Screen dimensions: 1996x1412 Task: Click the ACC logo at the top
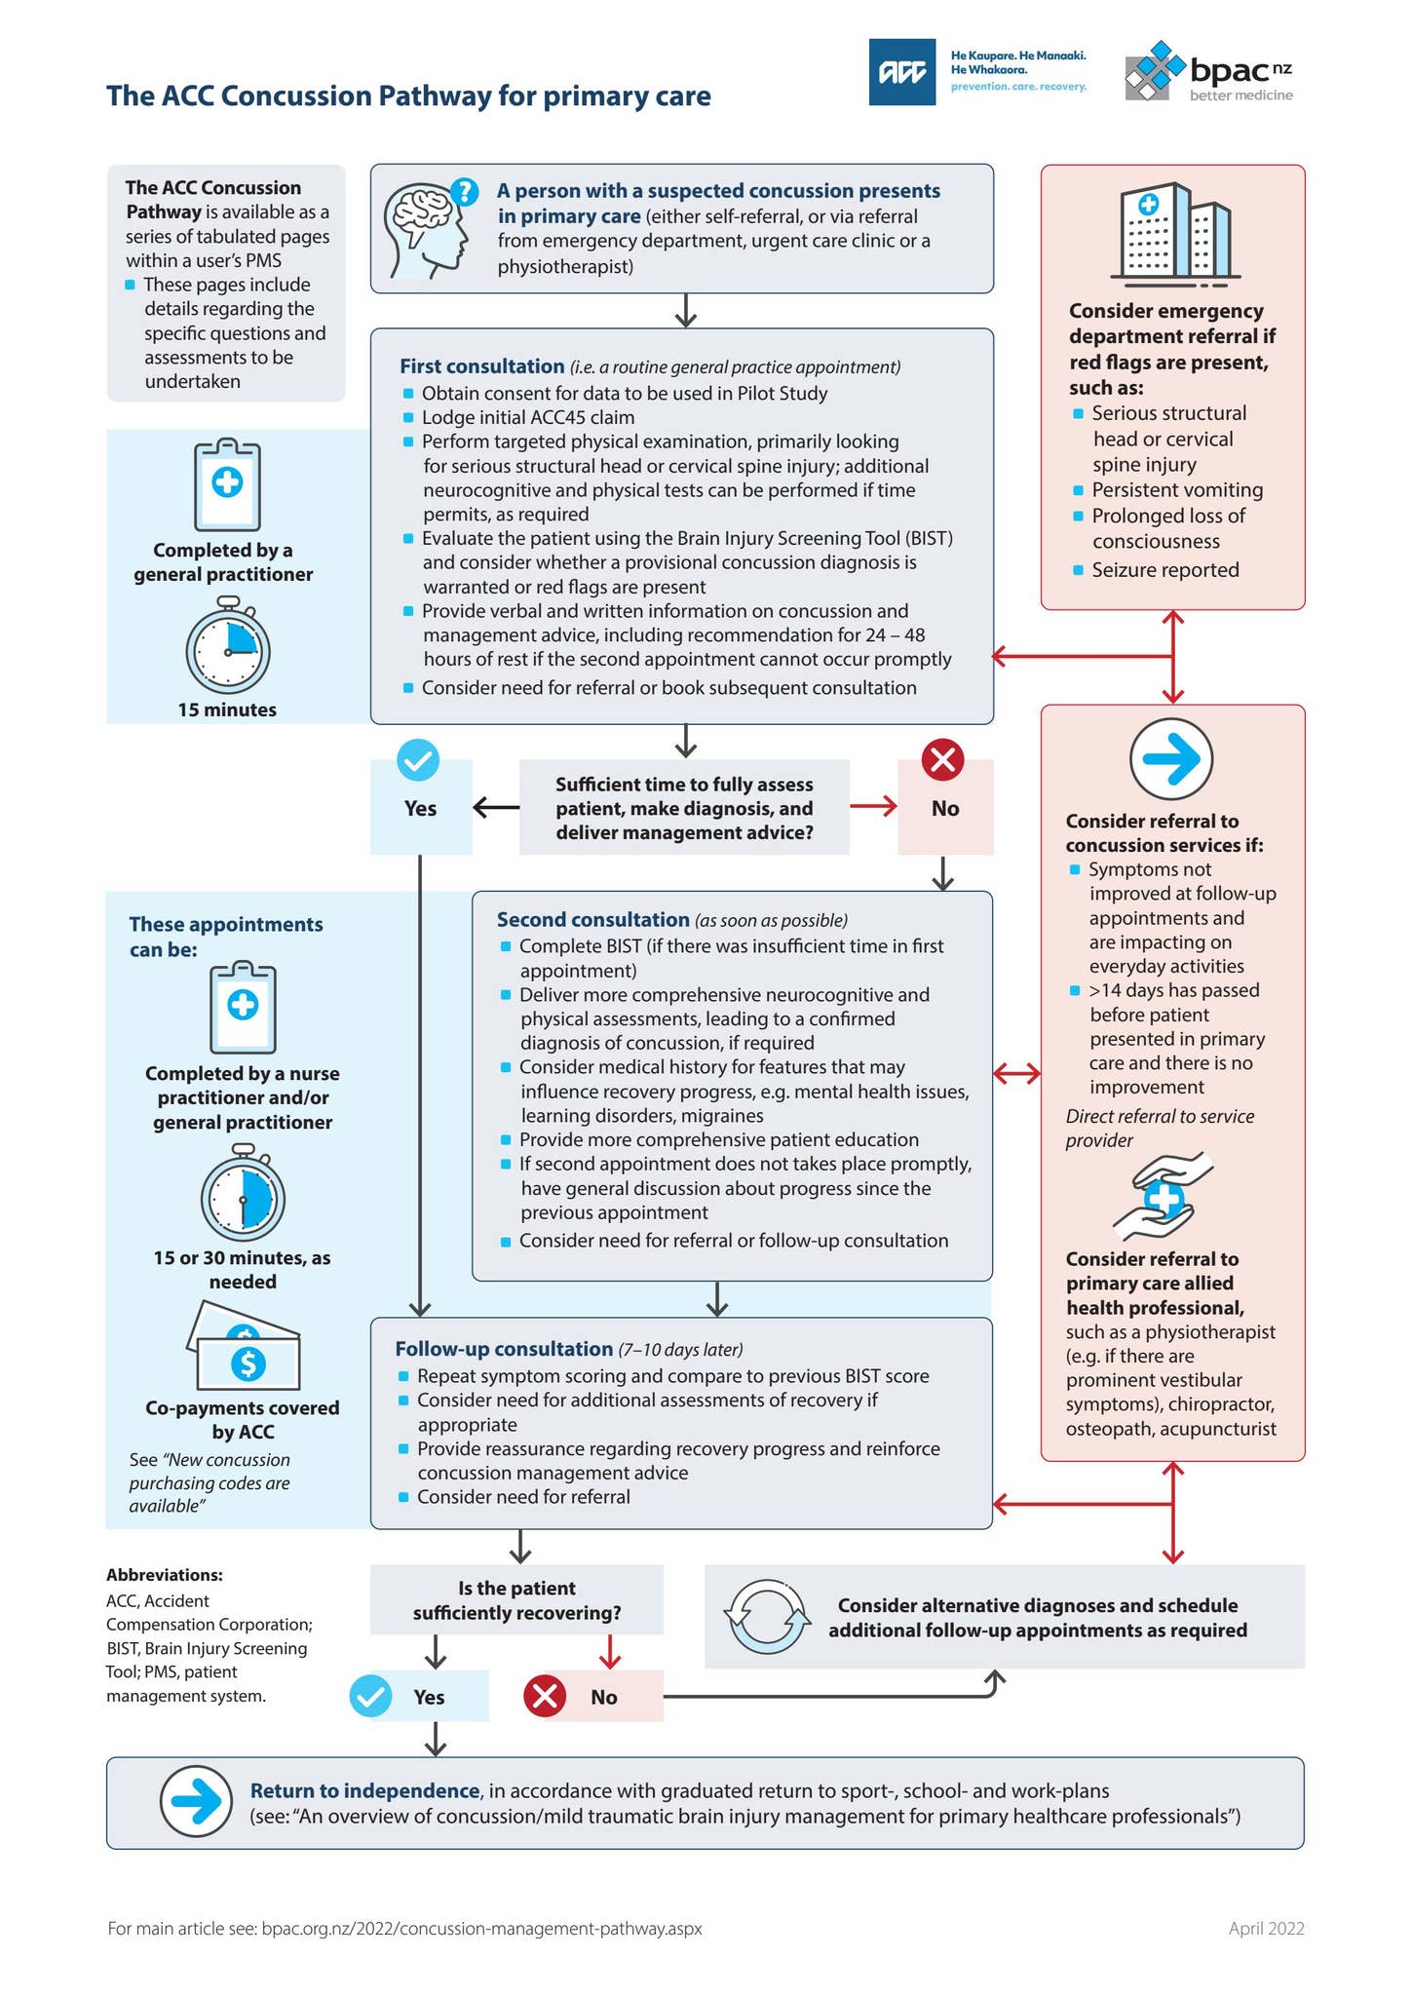pyautogui.click(x=901, y=71)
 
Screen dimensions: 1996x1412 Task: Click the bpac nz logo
pyautogui.click(x=1208, y=71)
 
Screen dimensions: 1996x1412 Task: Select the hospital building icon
pyautogui.click(x=1172, y=234)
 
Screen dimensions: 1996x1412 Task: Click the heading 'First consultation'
pyautogui.click(x=481, y=366)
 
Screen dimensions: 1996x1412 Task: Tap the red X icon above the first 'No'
pyautogui.click(x=942, y=760)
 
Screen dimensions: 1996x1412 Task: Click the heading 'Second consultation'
pyautogui.click(x=592, y=920)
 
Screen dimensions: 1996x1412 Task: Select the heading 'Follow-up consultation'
pyautogui.click(x=504, y=1349)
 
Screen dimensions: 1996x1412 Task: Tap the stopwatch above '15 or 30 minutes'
pyautogui.click(x=243, y=1194)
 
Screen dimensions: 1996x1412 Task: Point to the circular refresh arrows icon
pyautogui.click(x=768, y=1617)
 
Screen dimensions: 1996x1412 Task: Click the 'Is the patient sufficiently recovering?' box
pyautogui.click(x=516, y=1600)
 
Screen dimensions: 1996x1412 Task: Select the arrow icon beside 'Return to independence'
pyautogui.click(x=196, y=1802)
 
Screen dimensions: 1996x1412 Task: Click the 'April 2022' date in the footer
pyautogui.click(x=1266, y=1928)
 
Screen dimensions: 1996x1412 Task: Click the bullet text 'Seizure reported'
pyautogui.click(x=1164, y=570)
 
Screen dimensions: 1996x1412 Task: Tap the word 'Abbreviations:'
pyautogui.click(x=164, y=1575)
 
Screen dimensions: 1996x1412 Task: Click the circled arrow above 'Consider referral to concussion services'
pyautogui.click(x=1171, y=759)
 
